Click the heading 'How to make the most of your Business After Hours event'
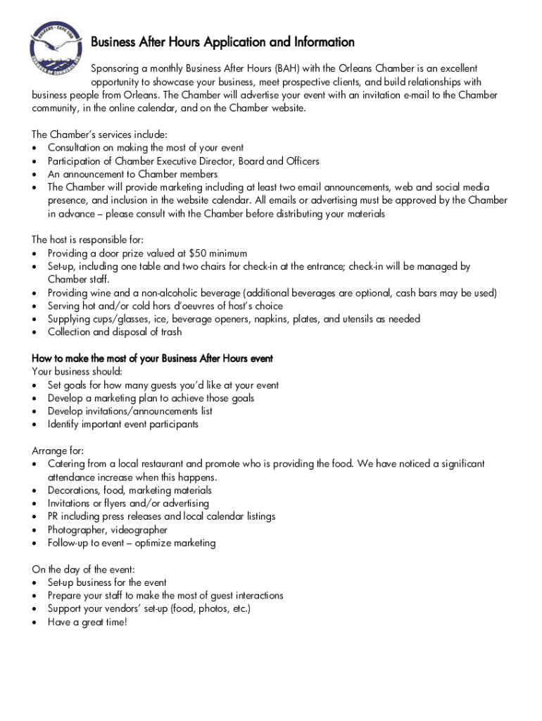[152, 358]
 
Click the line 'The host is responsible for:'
[87, 240]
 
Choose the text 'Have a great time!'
[87, 622]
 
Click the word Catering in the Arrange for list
[68, 464]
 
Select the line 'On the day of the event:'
[84, 569]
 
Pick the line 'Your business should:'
[77, 372]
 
